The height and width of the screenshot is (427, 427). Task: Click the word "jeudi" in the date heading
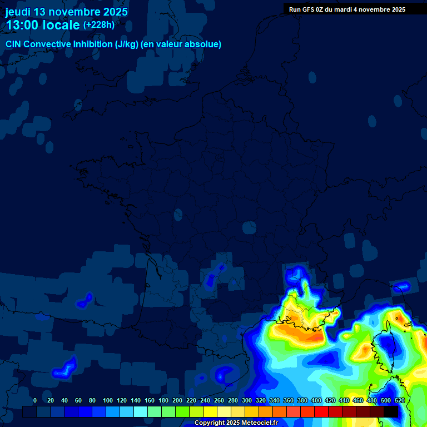(18, 12)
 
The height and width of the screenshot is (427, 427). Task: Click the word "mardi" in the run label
(342, 9)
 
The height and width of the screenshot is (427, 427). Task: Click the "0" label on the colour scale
(35, 400)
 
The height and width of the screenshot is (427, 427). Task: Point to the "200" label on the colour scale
(177, 400)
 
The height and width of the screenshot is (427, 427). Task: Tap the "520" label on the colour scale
(400, 400)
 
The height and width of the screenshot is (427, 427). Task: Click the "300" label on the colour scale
(247, 400)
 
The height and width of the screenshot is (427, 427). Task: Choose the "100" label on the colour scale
(108, 400)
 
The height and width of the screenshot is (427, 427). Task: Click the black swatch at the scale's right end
(390, 411)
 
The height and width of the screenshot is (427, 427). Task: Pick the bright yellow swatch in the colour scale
(210, 411)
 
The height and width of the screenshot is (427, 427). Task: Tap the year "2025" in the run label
(397, 9)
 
